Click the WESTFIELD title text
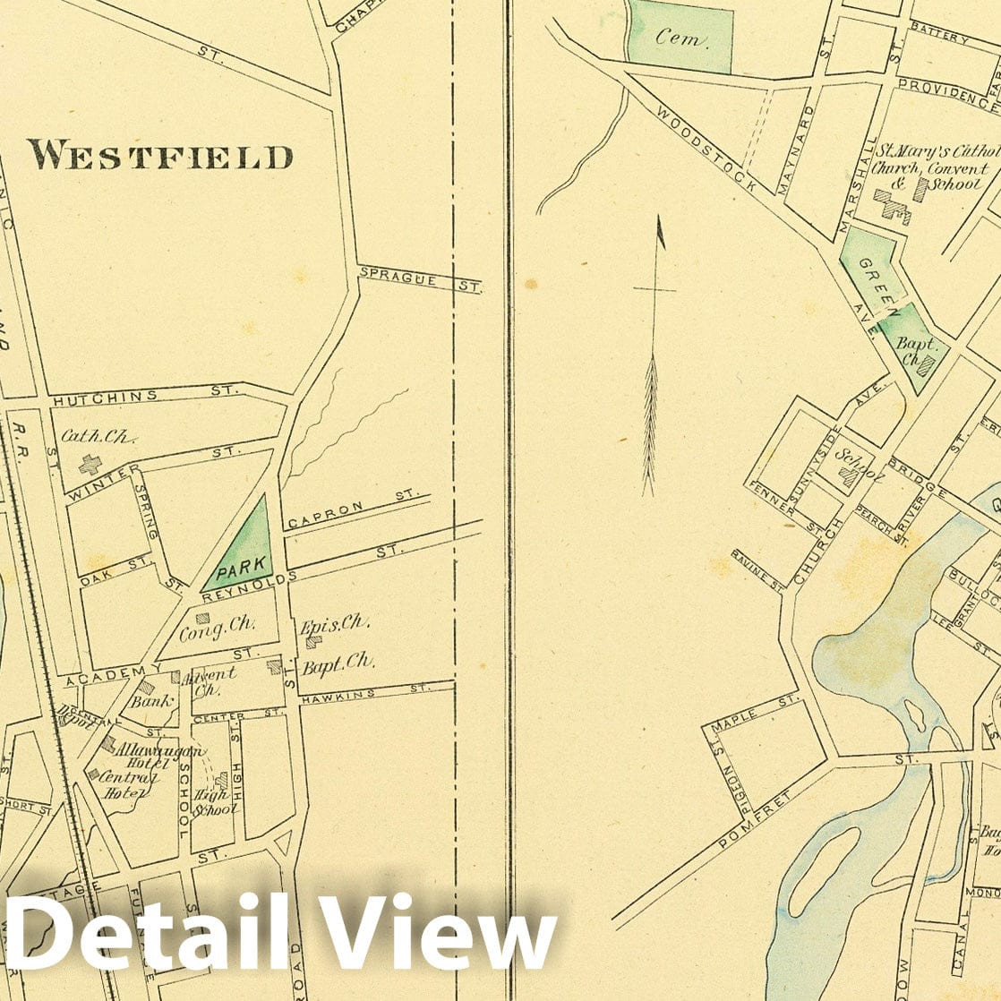click(x=160, y=156)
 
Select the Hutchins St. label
click(x=143, y=394)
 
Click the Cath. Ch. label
click(x=98, y=437)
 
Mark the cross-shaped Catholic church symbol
click(x=90, y=464)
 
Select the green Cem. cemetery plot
click(x=680, y=36)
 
